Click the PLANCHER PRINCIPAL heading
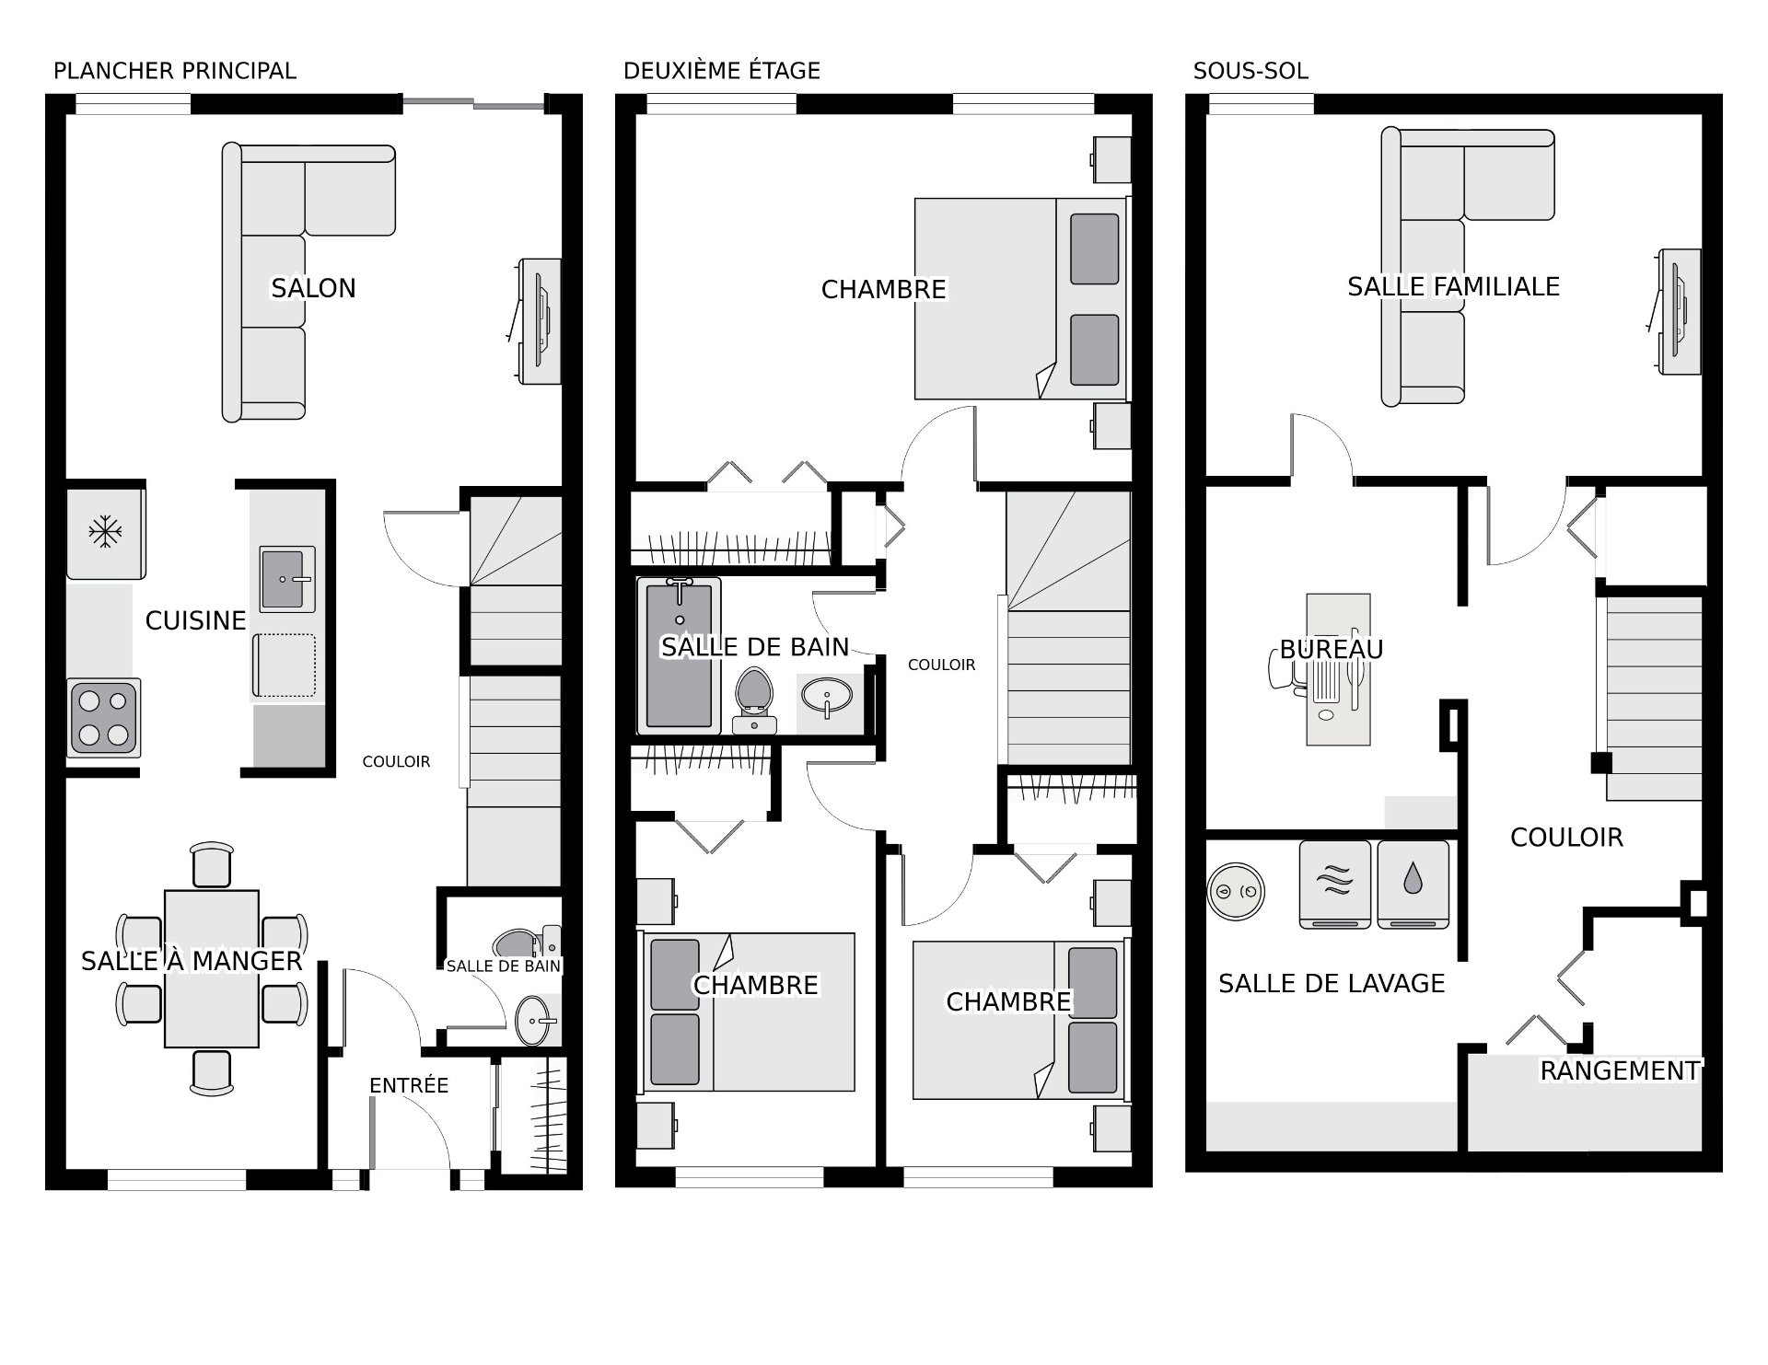pyautogui.click(x=175, y=71)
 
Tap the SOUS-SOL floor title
pyautogui.click(x=1250, y=71)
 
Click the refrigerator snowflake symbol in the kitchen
pyautogui.click(x=105, y=532)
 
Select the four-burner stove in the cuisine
pyautogui.click(x=103, y=717)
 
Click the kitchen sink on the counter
pyautogui.click(x=287, y=579)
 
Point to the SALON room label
pyautogui.click(x=313, y=288)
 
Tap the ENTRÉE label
pyautogui.click(x=409, y=1085)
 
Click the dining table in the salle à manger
pyautogui.click(x=211, y=968)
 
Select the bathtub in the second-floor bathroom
pyautogui.click(x=680, y=655)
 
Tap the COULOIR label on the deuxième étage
pyautogui.click(x=941, y=665)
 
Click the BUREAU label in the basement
pyautogui.click(x=1332, y=650)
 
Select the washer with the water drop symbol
pyautogui.click(x=1413, y=884)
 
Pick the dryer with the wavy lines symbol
pyautogui.click(x=1335, y=884)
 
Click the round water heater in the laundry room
pyautogui.click(x=1236, y=891)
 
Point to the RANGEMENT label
pyautogui.click(x=1620, y=1070)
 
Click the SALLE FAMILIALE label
pyautogui.click(x=1453, y=286)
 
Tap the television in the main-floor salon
pyautogui.click(x=539, y=321)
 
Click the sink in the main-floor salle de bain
pyautogui.click(x=537, y=1020)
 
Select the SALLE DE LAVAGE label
pyautogui.click(x=1332, y=983)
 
